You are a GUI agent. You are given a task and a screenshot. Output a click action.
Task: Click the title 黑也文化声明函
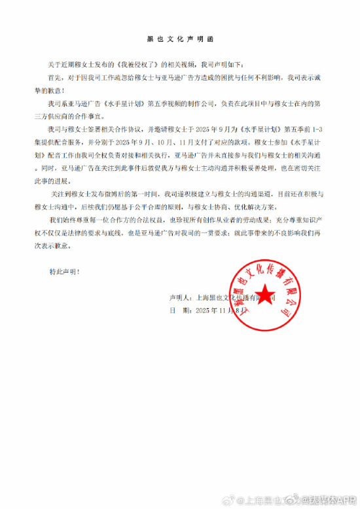click(179, 40)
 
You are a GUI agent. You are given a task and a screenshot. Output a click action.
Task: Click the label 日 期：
click(181, 311)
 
